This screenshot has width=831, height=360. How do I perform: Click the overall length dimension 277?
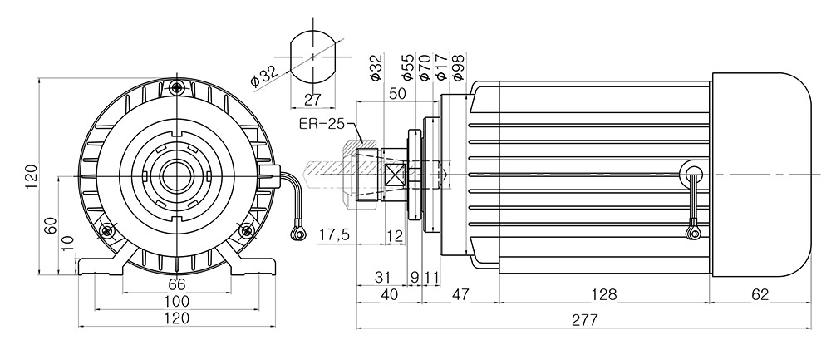(585, 320)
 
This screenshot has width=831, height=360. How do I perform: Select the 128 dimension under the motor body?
(605, 295)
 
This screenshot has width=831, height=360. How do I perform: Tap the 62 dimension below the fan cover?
(760, 295)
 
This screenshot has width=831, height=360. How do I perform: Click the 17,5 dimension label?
(334, 235)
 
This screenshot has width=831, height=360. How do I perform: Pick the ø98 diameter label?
(458, 67)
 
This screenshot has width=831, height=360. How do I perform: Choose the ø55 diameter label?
(407, 67)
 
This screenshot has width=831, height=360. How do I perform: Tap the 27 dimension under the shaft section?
(312, 100)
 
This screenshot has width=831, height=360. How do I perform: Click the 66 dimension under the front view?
(177, 284)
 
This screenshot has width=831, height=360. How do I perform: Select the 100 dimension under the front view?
(177, 302)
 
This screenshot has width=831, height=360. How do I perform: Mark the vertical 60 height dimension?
(50, 225)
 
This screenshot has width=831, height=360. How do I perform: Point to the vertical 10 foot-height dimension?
(68, 244)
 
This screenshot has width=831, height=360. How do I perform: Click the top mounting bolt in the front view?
(177, 86)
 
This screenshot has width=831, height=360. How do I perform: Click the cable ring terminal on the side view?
(692, 232)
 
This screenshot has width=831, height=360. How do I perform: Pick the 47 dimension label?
(460, 295)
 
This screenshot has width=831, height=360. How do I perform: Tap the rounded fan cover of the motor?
(761, 175)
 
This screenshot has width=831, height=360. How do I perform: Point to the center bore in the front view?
(176, 176)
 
